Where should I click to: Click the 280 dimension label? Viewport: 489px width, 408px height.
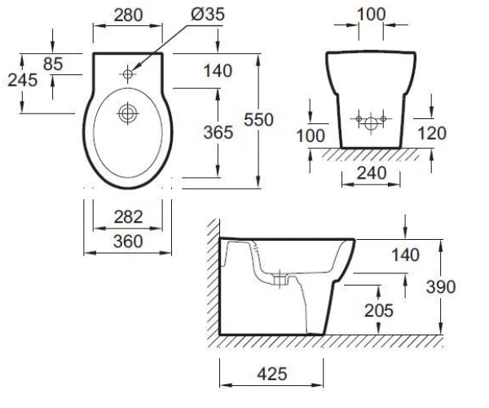click(128, 15)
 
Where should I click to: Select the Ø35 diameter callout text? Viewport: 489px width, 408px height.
click(208, 15)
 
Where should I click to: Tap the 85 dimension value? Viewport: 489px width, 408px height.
click(53, 64)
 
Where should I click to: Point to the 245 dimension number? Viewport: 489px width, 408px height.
click(23, 80)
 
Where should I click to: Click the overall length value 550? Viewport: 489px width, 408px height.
click(258, 120)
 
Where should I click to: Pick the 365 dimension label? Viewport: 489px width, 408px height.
click(218, 132)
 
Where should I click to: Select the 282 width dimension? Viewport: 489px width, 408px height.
click(128, 216)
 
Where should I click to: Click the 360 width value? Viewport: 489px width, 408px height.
click(128, 242)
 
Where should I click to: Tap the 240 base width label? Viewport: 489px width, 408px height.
click(372, 173)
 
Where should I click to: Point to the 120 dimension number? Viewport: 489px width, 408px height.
click(432, 133)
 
